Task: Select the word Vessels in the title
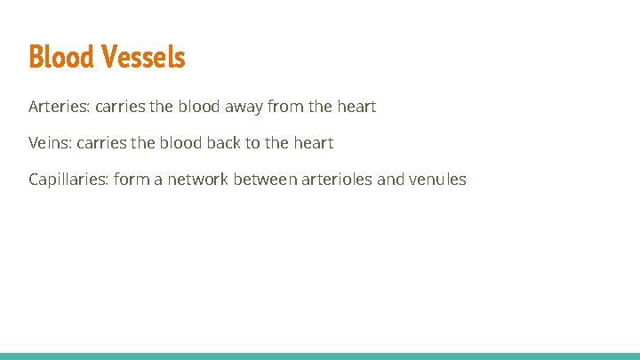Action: click(x=143, y=57)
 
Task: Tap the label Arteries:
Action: click(x=59, y=107)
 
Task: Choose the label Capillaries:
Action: click(x=68, y=180)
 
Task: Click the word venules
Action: click(x=437, y=180)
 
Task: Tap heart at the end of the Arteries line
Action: click(x=356, y=107)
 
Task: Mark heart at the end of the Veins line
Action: click(x=314, y=143)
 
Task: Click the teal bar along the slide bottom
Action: click(x=320, y=356)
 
